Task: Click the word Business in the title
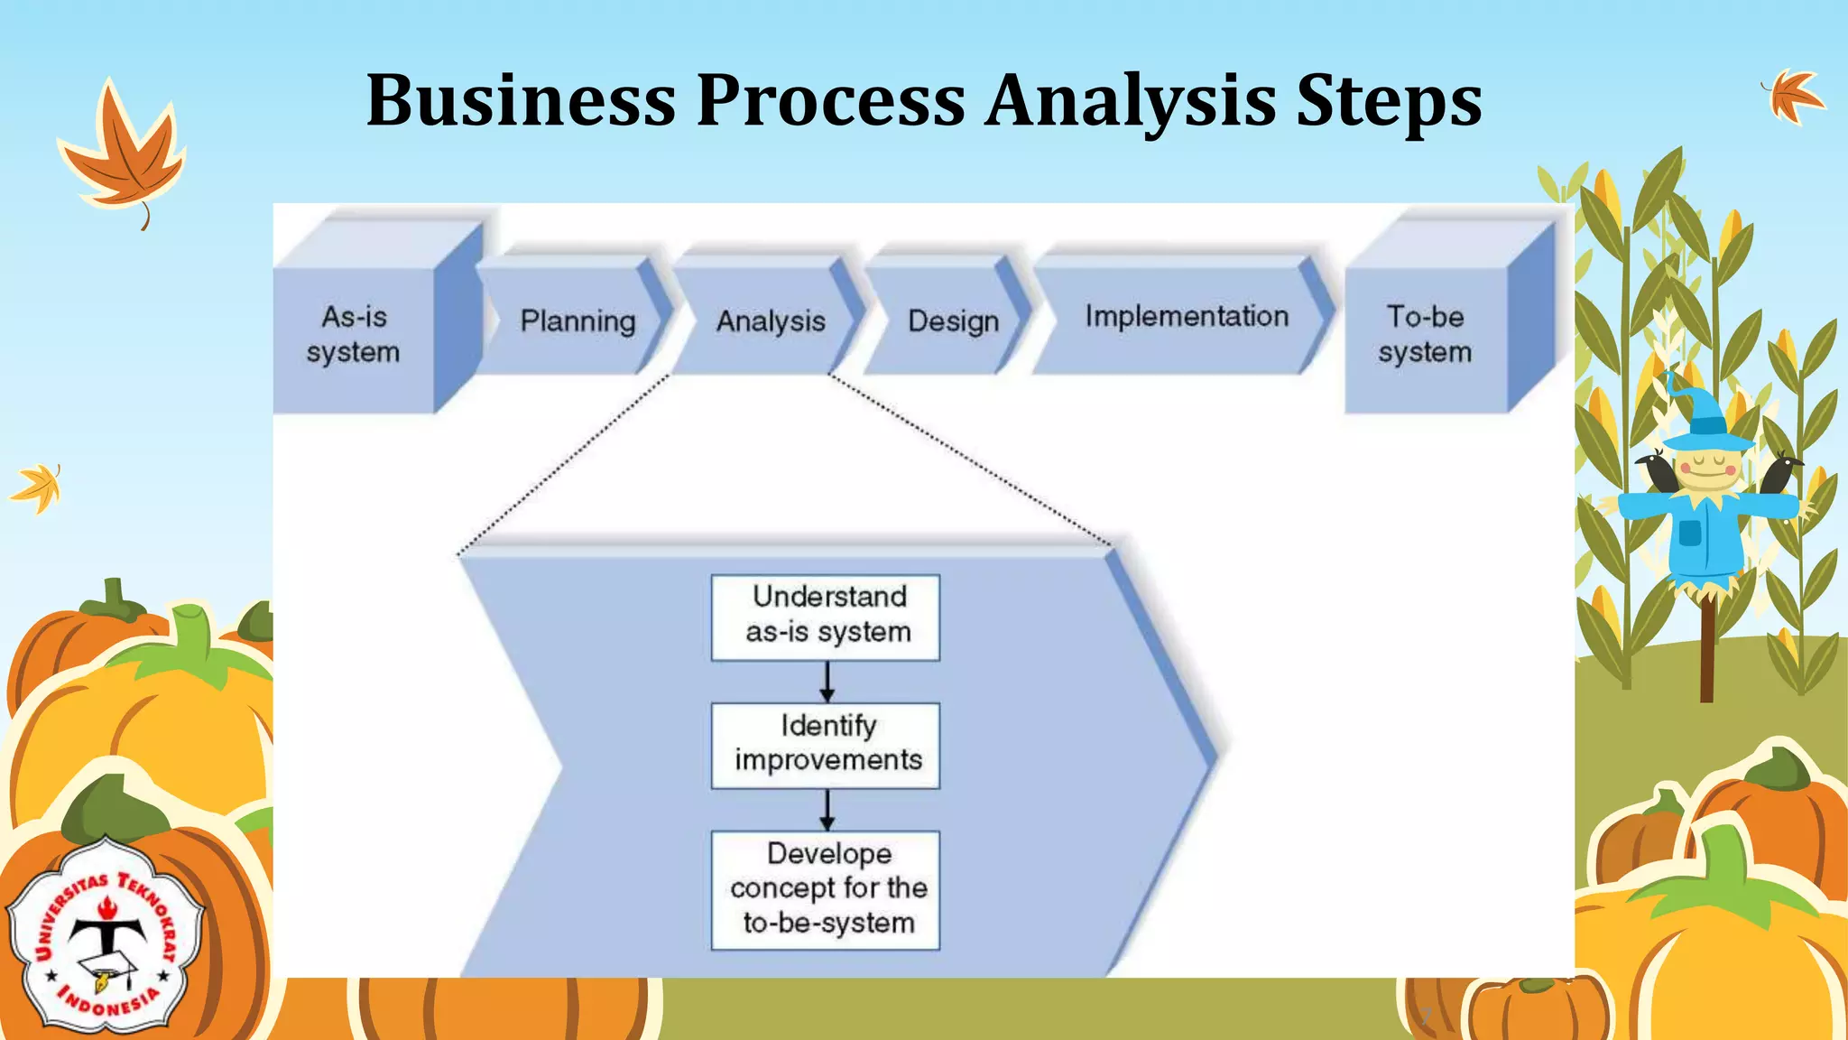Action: point(521,100)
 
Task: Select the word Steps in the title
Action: point(1389,100)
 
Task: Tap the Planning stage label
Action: point(577,320)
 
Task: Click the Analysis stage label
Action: point(771,320)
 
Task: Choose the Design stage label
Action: point(953,320)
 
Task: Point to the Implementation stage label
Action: point(1187,316)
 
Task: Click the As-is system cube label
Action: point(353,334)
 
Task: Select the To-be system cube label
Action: point(1425,334)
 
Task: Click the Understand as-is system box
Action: point(826,617)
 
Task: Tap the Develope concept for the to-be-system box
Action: point(826,889)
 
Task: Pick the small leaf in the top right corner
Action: point(1794,95)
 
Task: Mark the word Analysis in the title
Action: point(1130,100)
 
